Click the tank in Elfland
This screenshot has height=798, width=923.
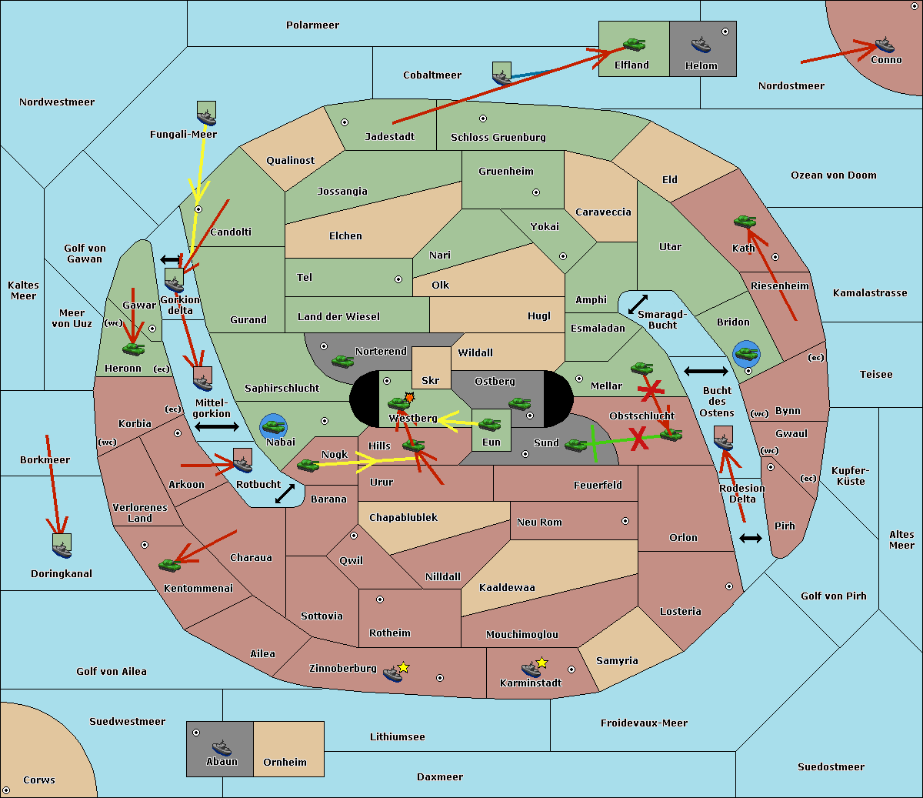tap(634, 45)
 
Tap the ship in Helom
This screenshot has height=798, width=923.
tap(700, 45)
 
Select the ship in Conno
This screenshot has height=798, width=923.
tap(885, 45)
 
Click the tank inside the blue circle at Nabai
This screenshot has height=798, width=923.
tap(273, 426)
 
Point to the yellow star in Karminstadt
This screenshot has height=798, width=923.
tap(542, 663)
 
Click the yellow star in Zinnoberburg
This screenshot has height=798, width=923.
tap(404, 667)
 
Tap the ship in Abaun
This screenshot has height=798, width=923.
tap(221, 747)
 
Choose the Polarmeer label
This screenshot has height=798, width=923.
tap(312, 25)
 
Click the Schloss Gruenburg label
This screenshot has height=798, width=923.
tap(498, 138)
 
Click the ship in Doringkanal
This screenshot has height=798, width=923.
tap(62, 547)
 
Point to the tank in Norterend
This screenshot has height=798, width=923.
tap(342, 361)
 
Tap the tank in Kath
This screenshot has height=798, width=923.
tap(745, 222)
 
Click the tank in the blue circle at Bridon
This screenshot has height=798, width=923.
tap(745, 354)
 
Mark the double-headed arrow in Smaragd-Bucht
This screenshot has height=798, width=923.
tap(638, 304)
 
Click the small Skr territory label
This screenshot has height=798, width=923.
tap(431, 381)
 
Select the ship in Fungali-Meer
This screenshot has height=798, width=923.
tap(206, 115)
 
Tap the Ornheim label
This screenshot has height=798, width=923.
tap(285, 763)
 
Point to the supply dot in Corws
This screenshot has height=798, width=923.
tap(7, 790)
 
